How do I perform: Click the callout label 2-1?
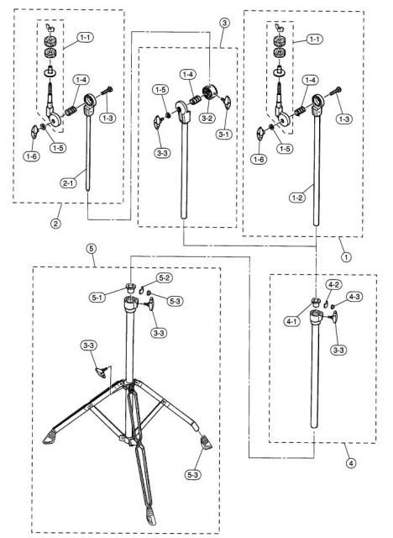coord(68,183)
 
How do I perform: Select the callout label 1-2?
coord(296,198)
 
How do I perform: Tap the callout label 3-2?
coord(207,119)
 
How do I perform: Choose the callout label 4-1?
coord(291,321)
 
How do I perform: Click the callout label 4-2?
coord(333,285)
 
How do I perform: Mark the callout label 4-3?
coord(354,297)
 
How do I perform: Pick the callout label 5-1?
coord(97,297)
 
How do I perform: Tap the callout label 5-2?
coord(165,278)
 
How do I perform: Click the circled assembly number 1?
coord(346,256)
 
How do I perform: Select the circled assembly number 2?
coord(56,224)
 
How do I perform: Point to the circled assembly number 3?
coord(224,24)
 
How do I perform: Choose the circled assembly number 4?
coord(350,463)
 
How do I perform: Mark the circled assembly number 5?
coord(92,249)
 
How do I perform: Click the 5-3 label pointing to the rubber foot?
coord(193,475)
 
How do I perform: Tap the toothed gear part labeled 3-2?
coord(208,92)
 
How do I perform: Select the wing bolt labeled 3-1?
coord(227,103)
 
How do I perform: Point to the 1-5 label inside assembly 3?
coord(160,90)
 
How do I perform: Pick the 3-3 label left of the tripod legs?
coord(89,345)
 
